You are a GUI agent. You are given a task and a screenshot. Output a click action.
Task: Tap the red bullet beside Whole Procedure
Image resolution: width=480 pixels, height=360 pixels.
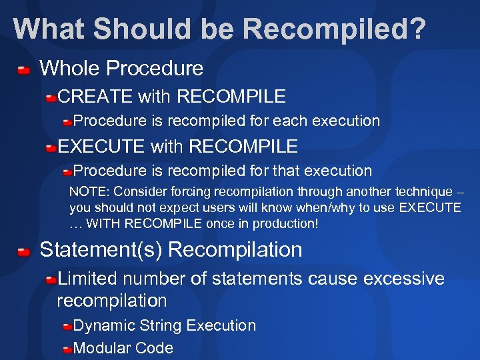coord(24,69)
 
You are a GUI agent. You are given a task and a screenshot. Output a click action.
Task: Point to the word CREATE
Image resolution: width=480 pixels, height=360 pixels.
coord(95,97)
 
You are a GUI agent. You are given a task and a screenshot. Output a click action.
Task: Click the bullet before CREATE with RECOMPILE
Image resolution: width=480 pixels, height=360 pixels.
coord(51,98)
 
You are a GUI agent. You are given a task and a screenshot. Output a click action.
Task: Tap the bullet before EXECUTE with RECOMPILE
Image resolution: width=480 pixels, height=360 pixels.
coord(51,147)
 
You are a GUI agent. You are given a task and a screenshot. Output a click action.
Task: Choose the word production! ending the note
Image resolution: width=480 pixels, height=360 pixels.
coord(281,224)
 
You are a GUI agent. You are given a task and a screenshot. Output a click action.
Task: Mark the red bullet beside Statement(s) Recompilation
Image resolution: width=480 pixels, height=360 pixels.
coord(24,251)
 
